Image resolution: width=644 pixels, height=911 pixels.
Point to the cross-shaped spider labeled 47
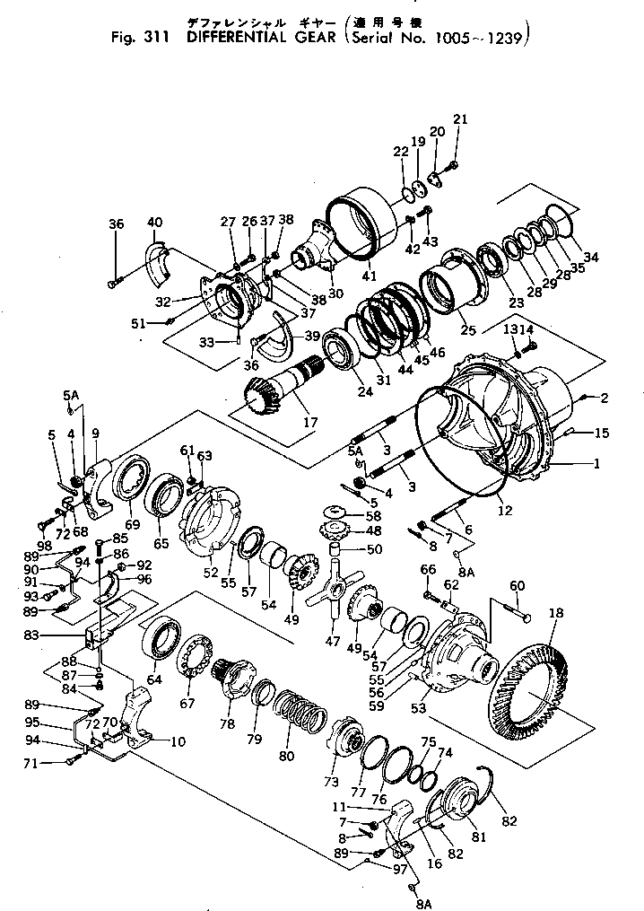pos(335,592)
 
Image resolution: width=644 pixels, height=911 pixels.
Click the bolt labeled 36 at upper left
pos(113,284)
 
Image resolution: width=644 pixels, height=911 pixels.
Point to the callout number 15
pos(601,434)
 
